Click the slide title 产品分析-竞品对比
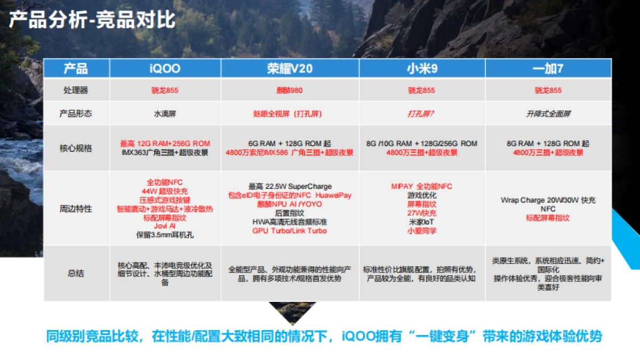92,20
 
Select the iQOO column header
165,68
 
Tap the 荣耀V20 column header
290,68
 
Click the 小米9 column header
421,68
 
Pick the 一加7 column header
548,68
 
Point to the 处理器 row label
76,90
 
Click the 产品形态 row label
76,114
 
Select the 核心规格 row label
76,148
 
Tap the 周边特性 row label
76,209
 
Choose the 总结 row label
76,274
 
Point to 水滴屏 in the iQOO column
165,114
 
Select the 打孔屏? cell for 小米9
421,114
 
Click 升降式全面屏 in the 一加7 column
548,114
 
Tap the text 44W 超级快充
165,191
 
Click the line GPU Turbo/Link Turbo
290,231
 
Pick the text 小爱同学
421,231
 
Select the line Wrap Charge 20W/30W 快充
548,200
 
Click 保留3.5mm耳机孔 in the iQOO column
165,234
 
